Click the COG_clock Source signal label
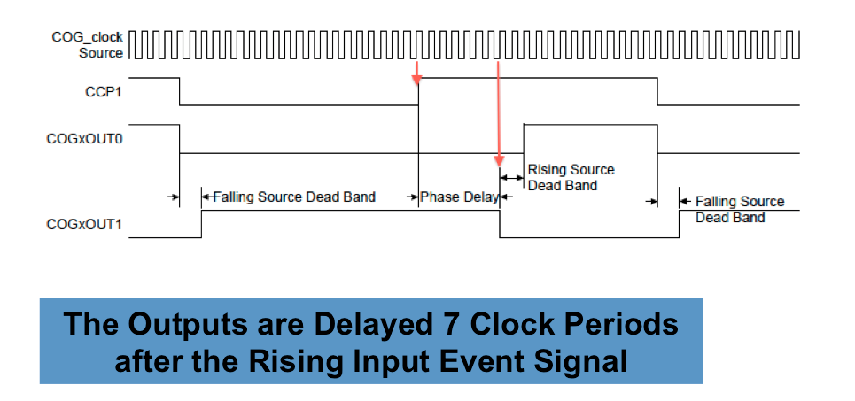coord(88,45)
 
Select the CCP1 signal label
coord(103,90)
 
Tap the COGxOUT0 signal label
coord(83,139)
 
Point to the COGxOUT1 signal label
coord(83,225)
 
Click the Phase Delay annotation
coord(459,197)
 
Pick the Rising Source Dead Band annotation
coord(571,177)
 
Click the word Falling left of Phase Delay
coord(234,197)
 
